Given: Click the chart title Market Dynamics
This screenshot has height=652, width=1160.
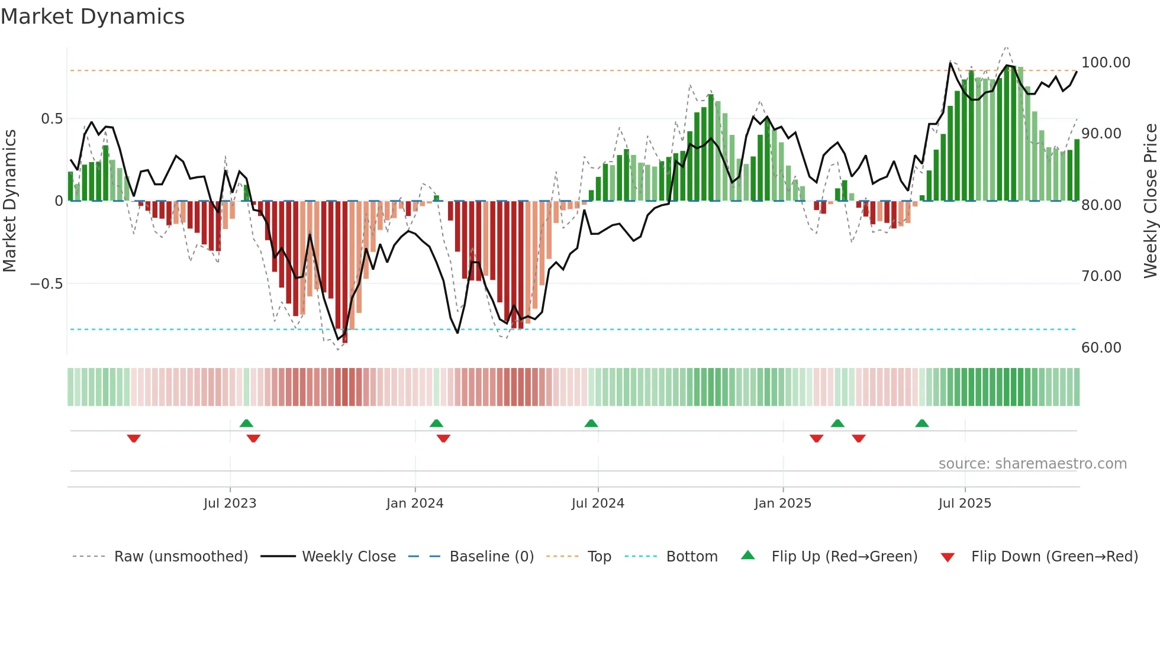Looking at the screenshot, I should [x=92, y=17].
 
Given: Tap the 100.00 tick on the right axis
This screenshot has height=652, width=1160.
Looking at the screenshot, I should [x=1105, y=63].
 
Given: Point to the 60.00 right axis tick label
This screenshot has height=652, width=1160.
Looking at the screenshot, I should [x=1101, y=348].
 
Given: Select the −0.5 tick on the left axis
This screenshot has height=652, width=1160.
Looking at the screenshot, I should [x=46, y=284].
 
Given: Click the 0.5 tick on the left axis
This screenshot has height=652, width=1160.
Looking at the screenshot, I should [x=51, y=119].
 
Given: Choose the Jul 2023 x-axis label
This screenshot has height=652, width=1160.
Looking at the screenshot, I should [x=230, y=503].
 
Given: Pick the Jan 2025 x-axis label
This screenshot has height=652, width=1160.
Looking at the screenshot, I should [x=782, y=503].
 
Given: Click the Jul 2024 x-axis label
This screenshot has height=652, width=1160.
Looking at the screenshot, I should [x=598, y=503].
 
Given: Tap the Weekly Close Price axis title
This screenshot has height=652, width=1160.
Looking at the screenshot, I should [x=1150, y=201].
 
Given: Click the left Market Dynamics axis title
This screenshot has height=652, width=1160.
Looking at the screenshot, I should [x=9, y=201].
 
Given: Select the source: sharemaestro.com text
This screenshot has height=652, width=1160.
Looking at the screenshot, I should [x=1032, y=464].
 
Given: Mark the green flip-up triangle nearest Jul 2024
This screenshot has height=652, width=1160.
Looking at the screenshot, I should [x=591, y=423].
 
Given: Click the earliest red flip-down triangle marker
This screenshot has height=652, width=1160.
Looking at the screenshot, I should [x=134, y=438].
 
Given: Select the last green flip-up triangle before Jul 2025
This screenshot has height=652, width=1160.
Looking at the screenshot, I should [x=922, y=423].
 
